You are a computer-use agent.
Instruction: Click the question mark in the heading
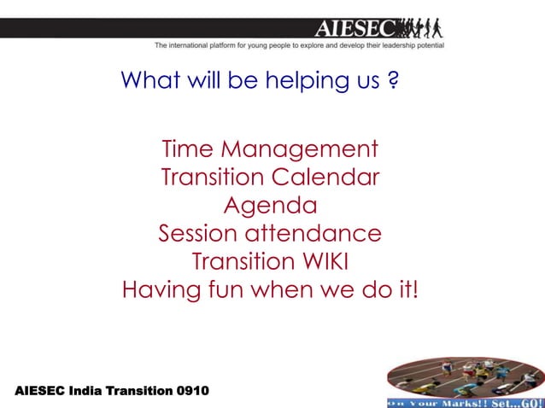pos(392,81)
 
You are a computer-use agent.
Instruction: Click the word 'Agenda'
pos(270,206)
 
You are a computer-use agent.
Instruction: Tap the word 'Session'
pos(198,233)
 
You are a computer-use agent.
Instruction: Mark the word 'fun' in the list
pos(224,289)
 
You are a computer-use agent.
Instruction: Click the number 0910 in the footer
pos(191,391)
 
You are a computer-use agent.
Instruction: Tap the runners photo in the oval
pos(464,376)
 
